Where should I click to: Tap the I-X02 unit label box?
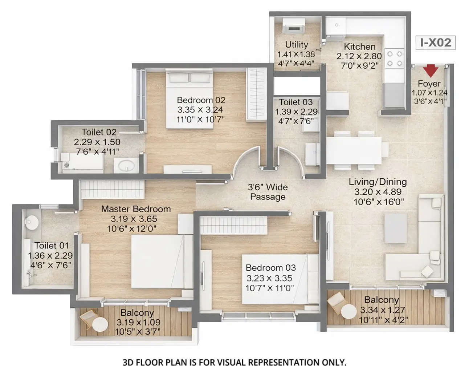(x=435, y=43)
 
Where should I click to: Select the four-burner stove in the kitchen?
(x=395, y=58)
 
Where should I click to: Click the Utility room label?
(x=297, y=45)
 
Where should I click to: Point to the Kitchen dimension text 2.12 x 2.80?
(x=359, y=56)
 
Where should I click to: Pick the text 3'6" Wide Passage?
(x=268, y=192)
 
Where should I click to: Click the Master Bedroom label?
(x=136, y=209)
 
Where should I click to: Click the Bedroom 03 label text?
(x=270, y=268)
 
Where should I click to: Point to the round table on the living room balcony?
(x=348, y=312)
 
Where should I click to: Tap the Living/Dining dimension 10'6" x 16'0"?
(x=379, y=202)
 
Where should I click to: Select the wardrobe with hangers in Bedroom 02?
(x=257, y=94)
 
